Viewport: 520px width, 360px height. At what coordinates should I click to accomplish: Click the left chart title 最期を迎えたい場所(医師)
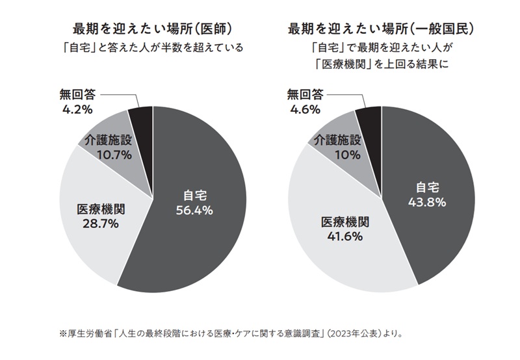(x=153, y=29)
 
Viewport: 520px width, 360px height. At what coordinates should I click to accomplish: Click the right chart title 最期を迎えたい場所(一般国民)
(x=381, y=29)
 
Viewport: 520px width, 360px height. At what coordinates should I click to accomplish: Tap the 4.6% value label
(x=304, y=109)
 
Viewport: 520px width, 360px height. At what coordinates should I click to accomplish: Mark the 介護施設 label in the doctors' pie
(x=109, y=140)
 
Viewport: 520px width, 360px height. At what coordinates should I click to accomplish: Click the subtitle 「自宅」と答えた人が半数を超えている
(x=152, y=47)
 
